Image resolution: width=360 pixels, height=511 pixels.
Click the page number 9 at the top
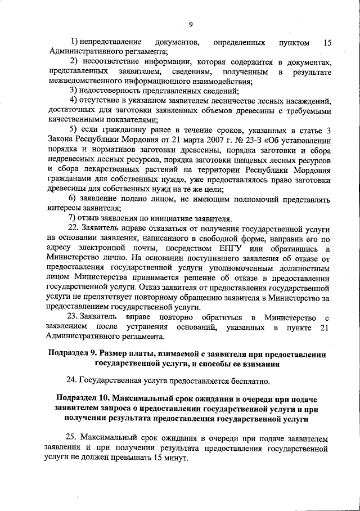tap(191, 24)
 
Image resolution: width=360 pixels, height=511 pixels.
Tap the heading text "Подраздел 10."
tap(85, 398)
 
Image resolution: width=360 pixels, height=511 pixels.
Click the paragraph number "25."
tap(73, 437)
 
